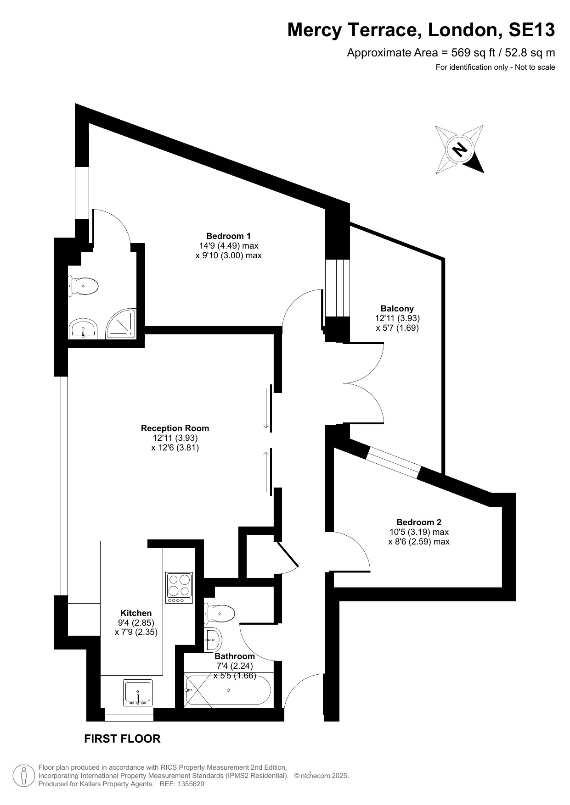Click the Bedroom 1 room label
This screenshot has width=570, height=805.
click(228, 236)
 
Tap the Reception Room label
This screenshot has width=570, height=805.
click(175, 428)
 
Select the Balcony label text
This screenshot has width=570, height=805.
click(397, 309)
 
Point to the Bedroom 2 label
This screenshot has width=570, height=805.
click(419, 522)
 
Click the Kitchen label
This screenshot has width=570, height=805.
click(136, 613)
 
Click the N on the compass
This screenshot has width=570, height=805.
click(459, 149)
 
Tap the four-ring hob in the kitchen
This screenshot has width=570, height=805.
click(179, 588)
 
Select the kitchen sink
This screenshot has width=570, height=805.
click(138, 693)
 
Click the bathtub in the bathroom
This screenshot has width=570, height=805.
click(228, 690)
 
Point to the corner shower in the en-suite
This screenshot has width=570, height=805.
click(121, 323)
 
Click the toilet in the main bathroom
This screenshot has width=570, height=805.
click(220, 613)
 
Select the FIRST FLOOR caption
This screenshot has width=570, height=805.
click(123, 739)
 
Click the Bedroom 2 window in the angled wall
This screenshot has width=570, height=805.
click(394, 462)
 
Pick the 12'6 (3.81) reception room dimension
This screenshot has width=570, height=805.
click(175, 448)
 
